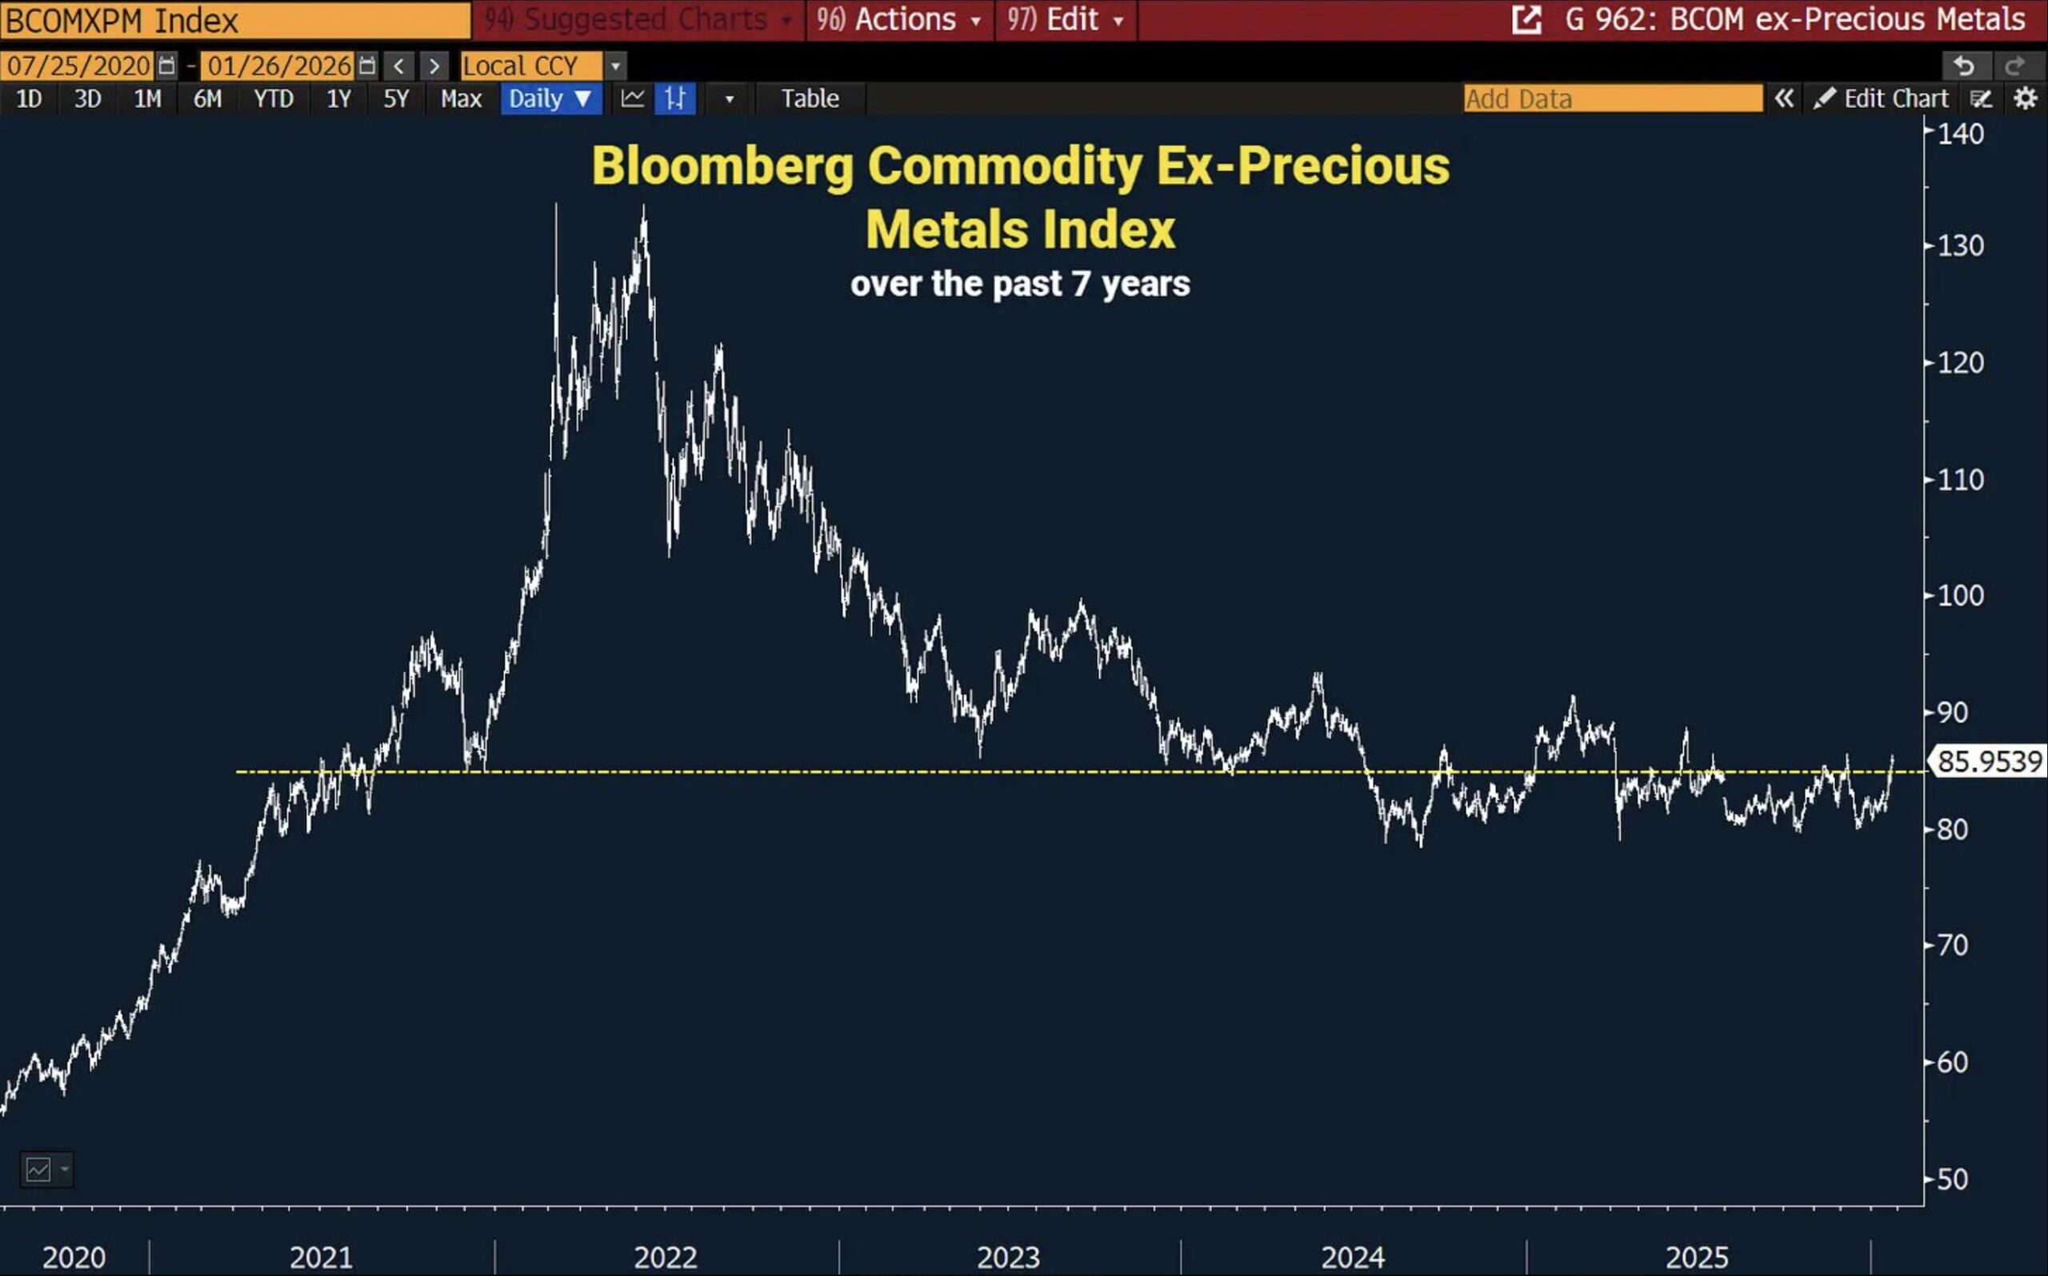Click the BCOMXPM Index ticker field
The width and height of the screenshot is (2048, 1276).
pyautogui.click(x=234, y=20)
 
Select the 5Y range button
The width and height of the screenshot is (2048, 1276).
pyautogui.click(x=396, y=98)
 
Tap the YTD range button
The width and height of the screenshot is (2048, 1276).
pyautogui.click(x=274, y=98)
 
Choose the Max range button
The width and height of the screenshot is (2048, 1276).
pyautogui.click(x=461, y=98)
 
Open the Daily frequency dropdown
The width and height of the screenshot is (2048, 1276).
pyautogui.click(x=550, y=98)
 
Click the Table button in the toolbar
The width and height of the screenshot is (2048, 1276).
pyautogui.click(x=810, y=98)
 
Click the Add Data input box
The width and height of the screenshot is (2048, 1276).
pyautogui.click(x=1612, y=98)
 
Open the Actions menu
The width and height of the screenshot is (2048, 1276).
pyautogui.click(x=899, y=19)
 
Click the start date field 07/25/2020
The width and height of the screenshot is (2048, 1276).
pyautogui.click(x=78, y=66)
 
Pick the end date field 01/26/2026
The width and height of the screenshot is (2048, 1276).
pyautogui.click(x=279, y=66)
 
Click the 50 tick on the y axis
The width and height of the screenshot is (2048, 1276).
pyautogui.click(x=1952, y=1179)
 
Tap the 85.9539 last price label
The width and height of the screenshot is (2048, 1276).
pyautogui.click(x=1989, y=762)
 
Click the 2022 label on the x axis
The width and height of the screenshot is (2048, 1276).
pyautogui.click(x=665, y=1258)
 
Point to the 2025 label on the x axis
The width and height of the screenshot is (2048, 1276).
pyautogui.click(x=1696, y=1258)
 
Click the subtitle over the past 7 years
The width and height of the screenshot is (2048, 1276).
pyautogui.click(x=1019, y=284)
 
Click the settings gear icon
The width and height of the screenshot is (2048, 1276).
pyautogui.click(x=2026, y=98)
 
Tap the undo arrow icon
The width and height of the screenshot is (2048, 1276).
pyautogui.click(x=1964, y=66)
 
